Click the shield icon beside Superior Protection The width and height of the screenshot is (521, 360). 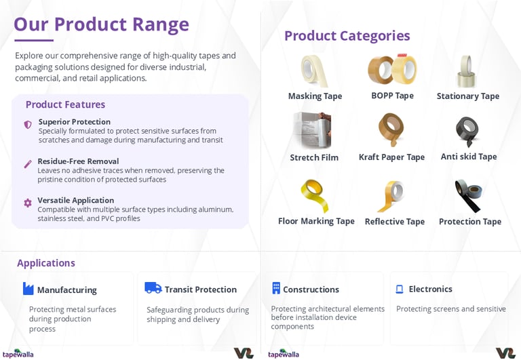tap(28, 125)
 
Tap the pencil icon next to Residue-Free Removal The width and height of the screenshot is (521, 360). tap(28, 164)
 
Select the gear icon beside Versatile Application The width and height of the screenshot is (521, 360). tap(28, 203)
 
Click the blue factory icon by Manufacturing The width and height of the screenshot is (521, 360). tap(28, 289)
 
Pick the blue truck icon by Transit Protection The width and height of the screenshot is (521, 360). tap(153, 288)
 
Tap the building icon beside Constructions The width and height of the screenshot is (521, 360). tap(276, 288)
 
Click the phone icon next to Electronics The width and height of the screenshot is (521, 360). tap(400, 289)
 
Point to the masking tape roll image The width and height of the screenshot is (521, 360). tap(314, 71)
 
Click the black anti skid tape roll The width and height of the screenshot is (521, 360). tap(467, 131)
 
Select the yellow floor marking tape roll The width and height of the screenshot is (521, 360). tap(314, 196)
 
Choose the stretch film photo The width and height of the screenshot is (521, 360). tap(312, 131)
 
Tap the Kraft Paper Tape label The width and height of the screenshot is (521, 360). tap(391, 157)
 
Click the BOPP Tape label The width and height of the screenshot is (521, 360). tap(392, 96)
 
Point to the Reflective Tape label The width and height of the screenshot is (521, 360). tap(395, 222)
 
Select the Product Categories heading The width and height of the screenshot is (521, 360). tap(347, 36)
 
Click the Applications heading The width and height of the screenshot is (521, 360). tap(46, 263)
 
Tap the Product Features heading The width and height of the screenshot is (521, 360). tap(65, 104)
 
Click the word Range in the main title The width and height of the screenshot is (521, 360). tap(161, 25)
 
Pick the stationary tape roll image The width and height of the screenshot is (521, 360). tap(467, 71)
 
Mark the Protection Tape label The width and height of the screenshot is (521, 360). tap(470, 222)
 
